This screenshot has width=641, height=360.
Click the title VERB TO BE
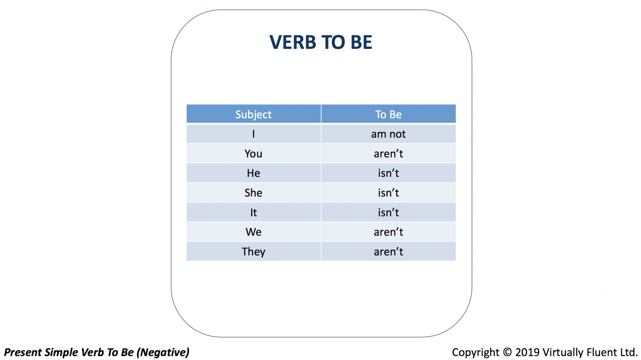tap(321, 42)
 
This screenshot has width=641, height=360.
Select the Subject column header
tap(253, 114)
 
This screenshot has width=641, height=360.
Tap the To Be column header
tap(388, 114)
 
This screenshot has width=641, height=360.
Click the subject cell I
tap(254, 134)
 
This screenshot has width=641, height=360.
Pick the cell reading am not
tap(388, 134)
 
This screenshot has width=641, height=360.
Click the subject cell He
tap(254, 173)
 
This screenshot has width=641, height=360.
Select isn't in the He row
tap(388, 173)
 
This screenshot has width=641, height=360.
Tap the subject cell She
tap(253, 193)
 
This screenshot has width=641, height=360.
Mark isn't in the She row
tap(388, 193)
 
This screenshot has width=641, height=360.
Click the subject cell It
tap(254, 212)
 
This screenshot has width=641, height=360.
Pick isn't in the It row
tap(388, 212)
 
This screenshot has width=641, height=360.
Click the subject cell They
tap(254, 252)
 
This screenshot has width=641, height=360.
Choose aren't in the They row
tap(388, 252)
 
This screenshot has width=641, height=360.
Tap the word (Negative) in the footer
tap(163, 352)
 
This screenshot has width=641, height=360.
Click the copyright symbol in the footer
tap(507, 352)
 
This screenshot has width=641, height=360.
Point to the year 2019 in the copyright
tap(527, 352)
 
